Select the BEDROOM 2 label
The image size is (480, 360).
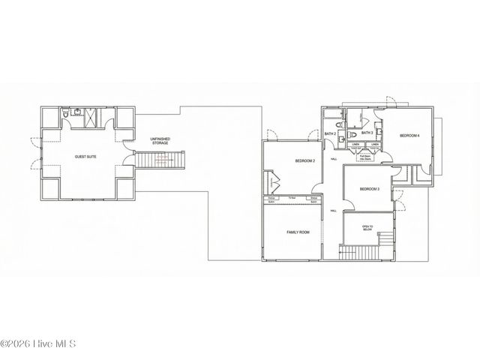point(304,161)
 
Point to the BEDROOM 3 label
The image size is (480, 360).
point(369,189)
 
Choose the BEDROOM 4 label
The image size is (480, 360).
point(409,135)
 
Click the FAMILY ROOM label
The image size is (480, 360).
point(298,232)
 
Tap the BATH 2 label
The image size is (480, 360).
point(330,133)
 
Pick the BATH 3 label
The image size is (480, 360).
point(367,133)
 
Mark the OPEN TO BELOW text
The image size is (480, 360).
point(367,227)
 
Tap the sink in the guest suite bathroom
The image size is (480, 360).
point(77,112)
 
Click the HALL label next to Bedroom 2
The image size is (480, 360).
point(333,159)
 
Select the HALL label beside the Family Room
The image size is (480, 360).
point(333,211)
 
